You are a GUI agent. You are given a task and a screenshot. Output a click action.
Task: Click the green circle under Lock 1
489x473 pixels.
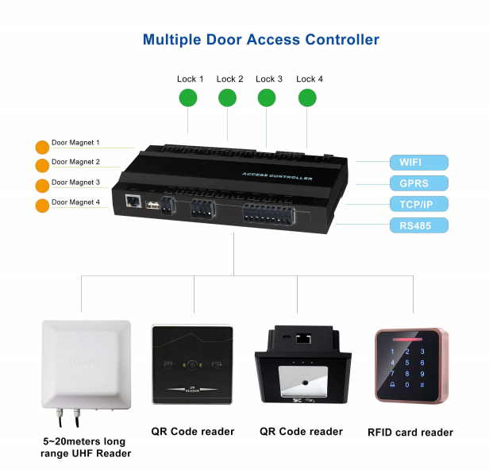pos(187,98)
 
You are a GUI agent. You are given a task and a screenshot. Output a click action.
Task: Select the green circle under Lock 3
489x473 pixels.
pos(268,98)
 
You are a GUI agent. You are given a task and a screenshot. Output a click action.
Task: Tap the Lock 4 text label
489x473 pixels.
pos(310,79)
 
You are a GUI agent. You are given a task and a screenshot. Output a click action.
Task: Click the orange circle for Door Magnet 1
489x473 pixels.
pos(42,147)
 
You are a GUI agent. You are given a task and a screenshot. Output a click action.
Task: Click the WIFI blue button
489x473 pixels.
pos(418,163)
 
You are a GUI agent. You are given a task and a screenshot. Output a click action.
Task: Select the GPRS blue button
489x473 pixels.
pos(418,183)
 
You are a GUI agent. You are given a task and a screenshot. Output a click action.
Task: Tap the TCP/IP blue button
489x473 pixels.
pos(418,204)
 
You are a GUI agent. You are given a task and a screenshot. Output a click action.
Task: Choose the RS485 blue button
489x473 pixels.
pos(418,225)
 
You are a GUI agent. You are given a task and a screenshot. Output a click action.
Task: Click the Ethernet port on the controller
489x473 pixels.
pos(133,202)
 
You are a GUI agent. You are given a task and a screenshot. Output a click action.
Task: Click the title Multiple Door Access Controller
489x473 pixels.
pos(260,40)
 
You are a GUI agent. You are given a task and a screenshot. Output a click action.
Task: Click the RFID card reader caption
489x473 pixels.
pos(410,433)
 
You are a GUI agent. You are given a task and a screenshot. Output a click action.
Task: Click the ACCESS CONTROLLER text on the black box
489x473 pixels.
pos(277,177)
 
